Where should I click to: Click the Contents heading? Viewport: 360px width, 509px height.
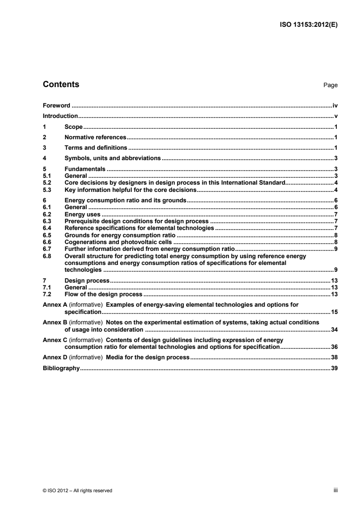point(60,84)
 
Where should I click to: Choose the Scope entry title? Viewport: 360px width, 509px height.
point(74,127)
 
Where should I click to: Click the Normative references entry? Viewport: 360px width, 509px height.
point(95,137)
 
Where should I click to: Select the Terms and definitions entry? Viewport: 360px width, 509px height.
point(96,147)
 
